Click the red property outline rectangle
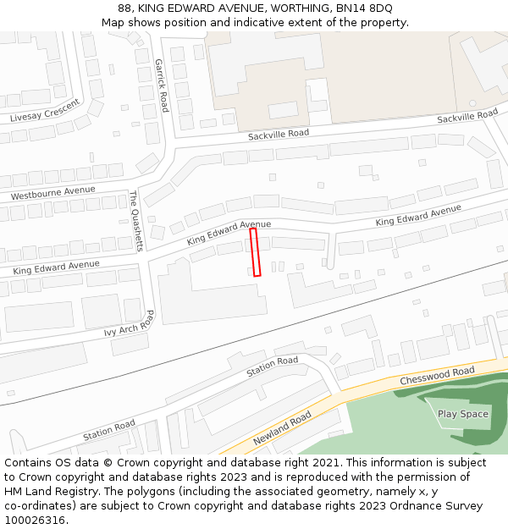pyautogui.click(x=255, y=251)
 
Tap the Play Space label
pyautogui.click(x=462, y=414)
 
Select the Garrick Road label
pyautogui.click(x=161, y=85)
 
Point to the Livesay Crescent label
pyautogui.click(x=45, y=111)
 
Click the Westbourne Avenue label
pyautogui.click(x=52, y=192)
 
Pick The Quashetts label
pyautogui.click(x=135, y=220)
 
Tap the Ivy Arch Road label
pyautogui.click(x=130, y=323)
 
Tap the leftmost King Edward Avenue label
pyautogui.click(x=56, y=268)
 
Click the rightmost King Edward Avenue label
pyautogui.click(x=418, y=215)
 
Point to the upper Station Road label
pyautogui.click(x=272, y=366)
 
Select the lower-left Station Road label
pyautogui.click(x=108, y=431)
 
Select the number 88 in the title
pyautogui.click(x=125, y=8)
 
